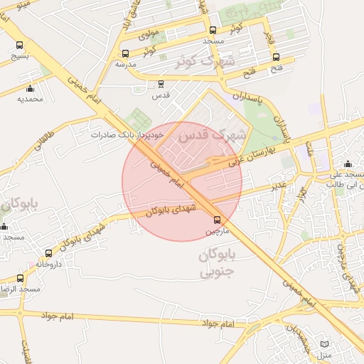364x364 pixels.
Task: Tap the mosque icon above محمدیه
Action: [x=30, y=88]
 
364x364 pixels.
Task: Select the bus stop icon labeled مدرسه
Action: [x=126, y=53]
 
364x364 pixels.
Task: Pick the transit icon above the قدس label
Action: [x=161, y=84]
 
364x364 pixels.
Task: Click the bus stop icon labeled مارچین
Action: [x=218, y=220]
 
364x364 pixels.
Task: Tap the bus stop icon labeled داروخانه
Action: [x=48, y=253]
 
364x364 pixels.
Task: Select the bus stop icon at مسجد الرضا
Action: [x=20, y=278]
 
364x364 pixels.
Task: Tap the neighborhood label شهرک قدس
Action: [x=213, y=133]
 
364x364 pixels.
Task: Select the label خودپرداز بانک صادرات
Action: [x=127, y=134]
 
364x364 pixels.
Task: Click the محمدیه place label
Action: [x=30, y=99]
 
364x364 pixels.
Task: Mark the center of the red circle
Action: [x=182, y=181]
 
